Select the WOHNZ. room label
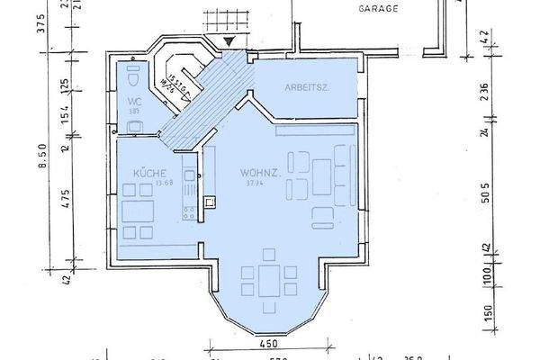[256, 172]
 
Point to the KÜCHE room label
[148, 171]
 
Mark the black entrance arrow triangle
[232, 40]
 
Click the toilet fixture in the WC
[131, 70]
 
